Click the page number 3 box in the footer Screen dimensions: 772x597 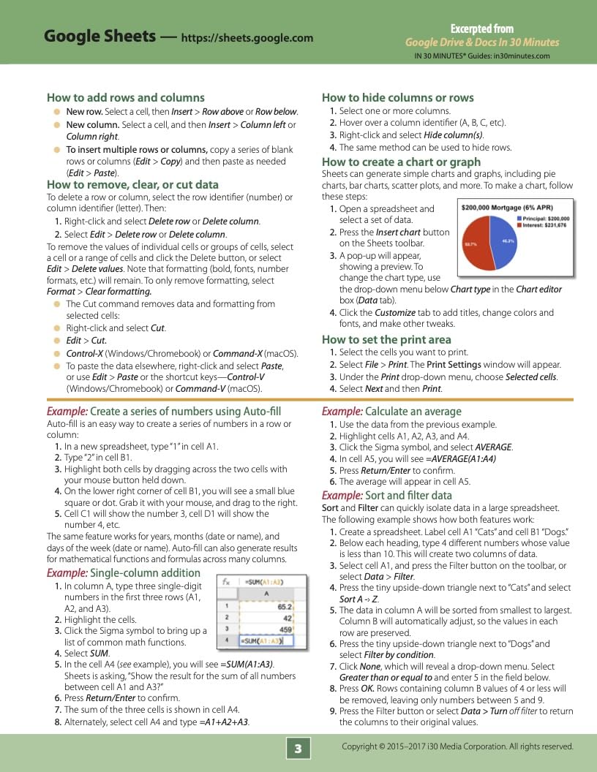click(298, 749)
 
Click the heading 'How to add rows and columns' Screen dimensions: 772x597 click(125, 97)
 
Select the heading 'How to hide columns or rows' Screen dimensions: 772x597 click(397, 97)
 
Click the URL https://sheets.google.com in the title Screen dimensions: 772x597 click(247, 38)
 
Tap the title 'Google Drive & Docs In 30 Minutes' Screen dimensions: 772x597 click(481, 42)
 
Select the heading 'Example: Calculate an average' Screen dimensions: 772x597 click(391, 412)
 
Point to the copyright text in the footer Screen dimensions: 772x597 click(457, 746)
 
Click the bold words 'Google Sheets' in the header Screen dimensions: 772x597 click(99, 37)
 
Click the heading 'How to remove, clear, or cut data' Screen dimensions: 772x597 click(132, 185)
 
